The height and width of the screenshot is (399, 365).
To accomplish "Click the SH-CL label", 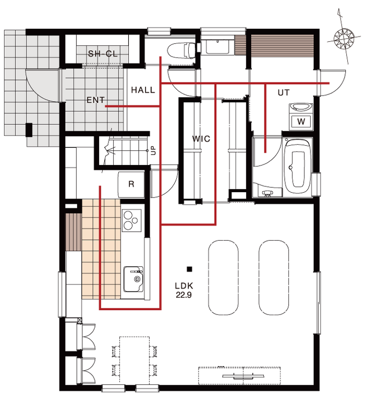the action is [103, 54].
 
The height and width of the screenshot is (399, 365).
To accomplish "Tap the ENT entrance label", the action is [95, 100].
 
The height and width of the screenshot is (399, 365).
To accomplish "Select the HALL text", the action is [143, 90].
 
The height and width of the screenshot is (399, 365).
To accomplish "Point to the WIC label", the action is [201, 139].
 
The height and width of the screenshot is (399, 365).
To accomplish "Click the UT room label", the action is [284, 92].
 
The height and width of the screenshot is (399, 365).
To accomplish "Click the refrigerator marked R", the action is [131, 184].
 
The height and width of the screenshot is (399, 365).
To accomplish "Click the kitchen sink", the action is [133, 279].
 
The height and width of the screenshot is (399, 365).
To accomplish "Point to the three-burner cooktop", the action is [131, 220].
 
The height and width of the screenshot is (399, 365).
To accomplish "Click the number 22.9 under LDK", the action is [184, 295].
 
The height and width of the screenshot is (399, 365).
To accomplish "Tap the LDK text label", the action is [184, 286].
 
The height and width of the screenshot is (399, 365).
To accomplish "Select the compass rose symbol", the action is [344, 39].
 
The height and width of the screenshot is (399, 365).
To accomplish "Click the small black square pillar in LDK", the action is [189, 269].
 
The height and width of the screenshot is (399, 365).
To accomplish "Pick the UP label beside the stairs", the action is [154, 150].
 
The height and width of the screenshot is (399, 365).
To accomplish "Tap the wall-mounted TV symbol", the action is [244, 376].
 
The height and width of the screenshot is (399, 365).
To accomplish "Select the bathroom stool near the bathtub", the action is [267, 194].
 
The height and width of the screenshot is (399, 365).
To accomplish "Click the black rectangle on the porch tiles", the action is [29, 130].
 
